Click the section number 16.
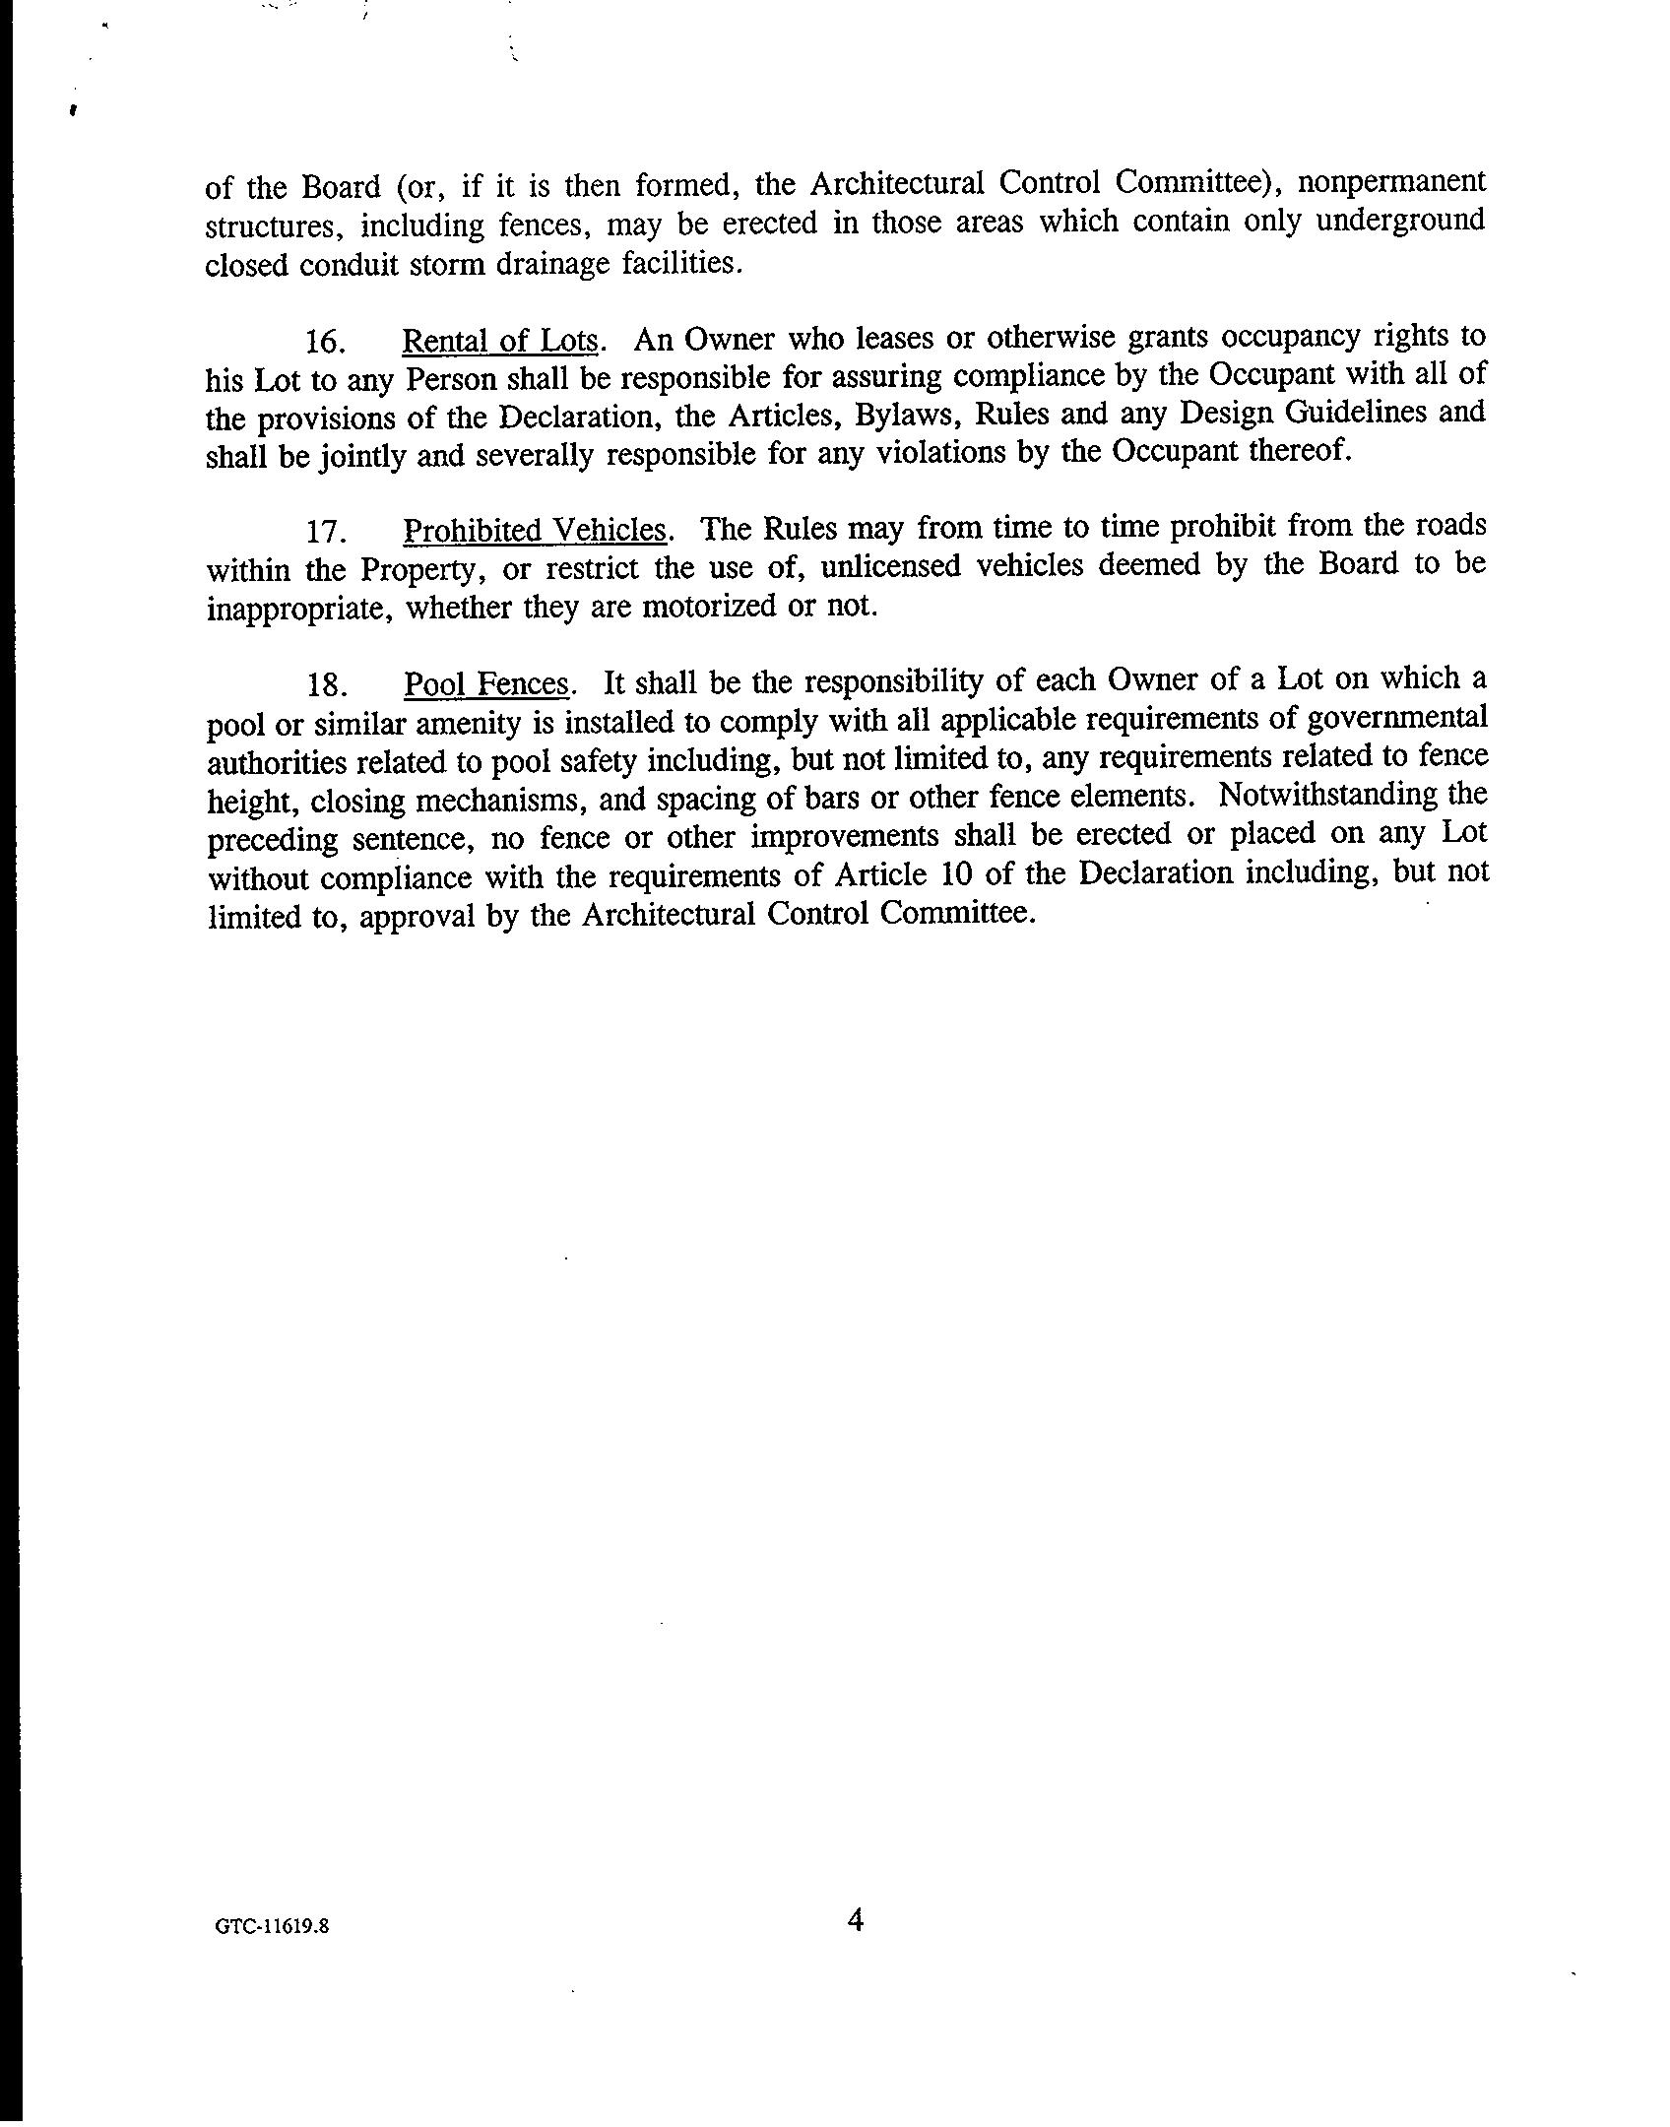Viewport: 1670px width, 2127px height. pos(324,343)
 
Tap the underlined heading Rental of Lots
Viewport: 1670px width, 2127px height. pos(500,341)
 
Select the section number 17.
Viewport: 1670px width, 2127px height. pos(324,533)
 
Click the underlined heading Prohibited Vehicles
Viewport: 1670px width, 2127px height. pos(537,531)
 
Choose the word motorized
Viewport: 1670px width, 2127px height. pos(706,606)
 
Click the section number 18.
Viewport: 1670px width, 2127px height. pos(324,684)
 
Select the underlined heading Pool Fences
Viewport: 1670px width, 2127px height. pos(486,683)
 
